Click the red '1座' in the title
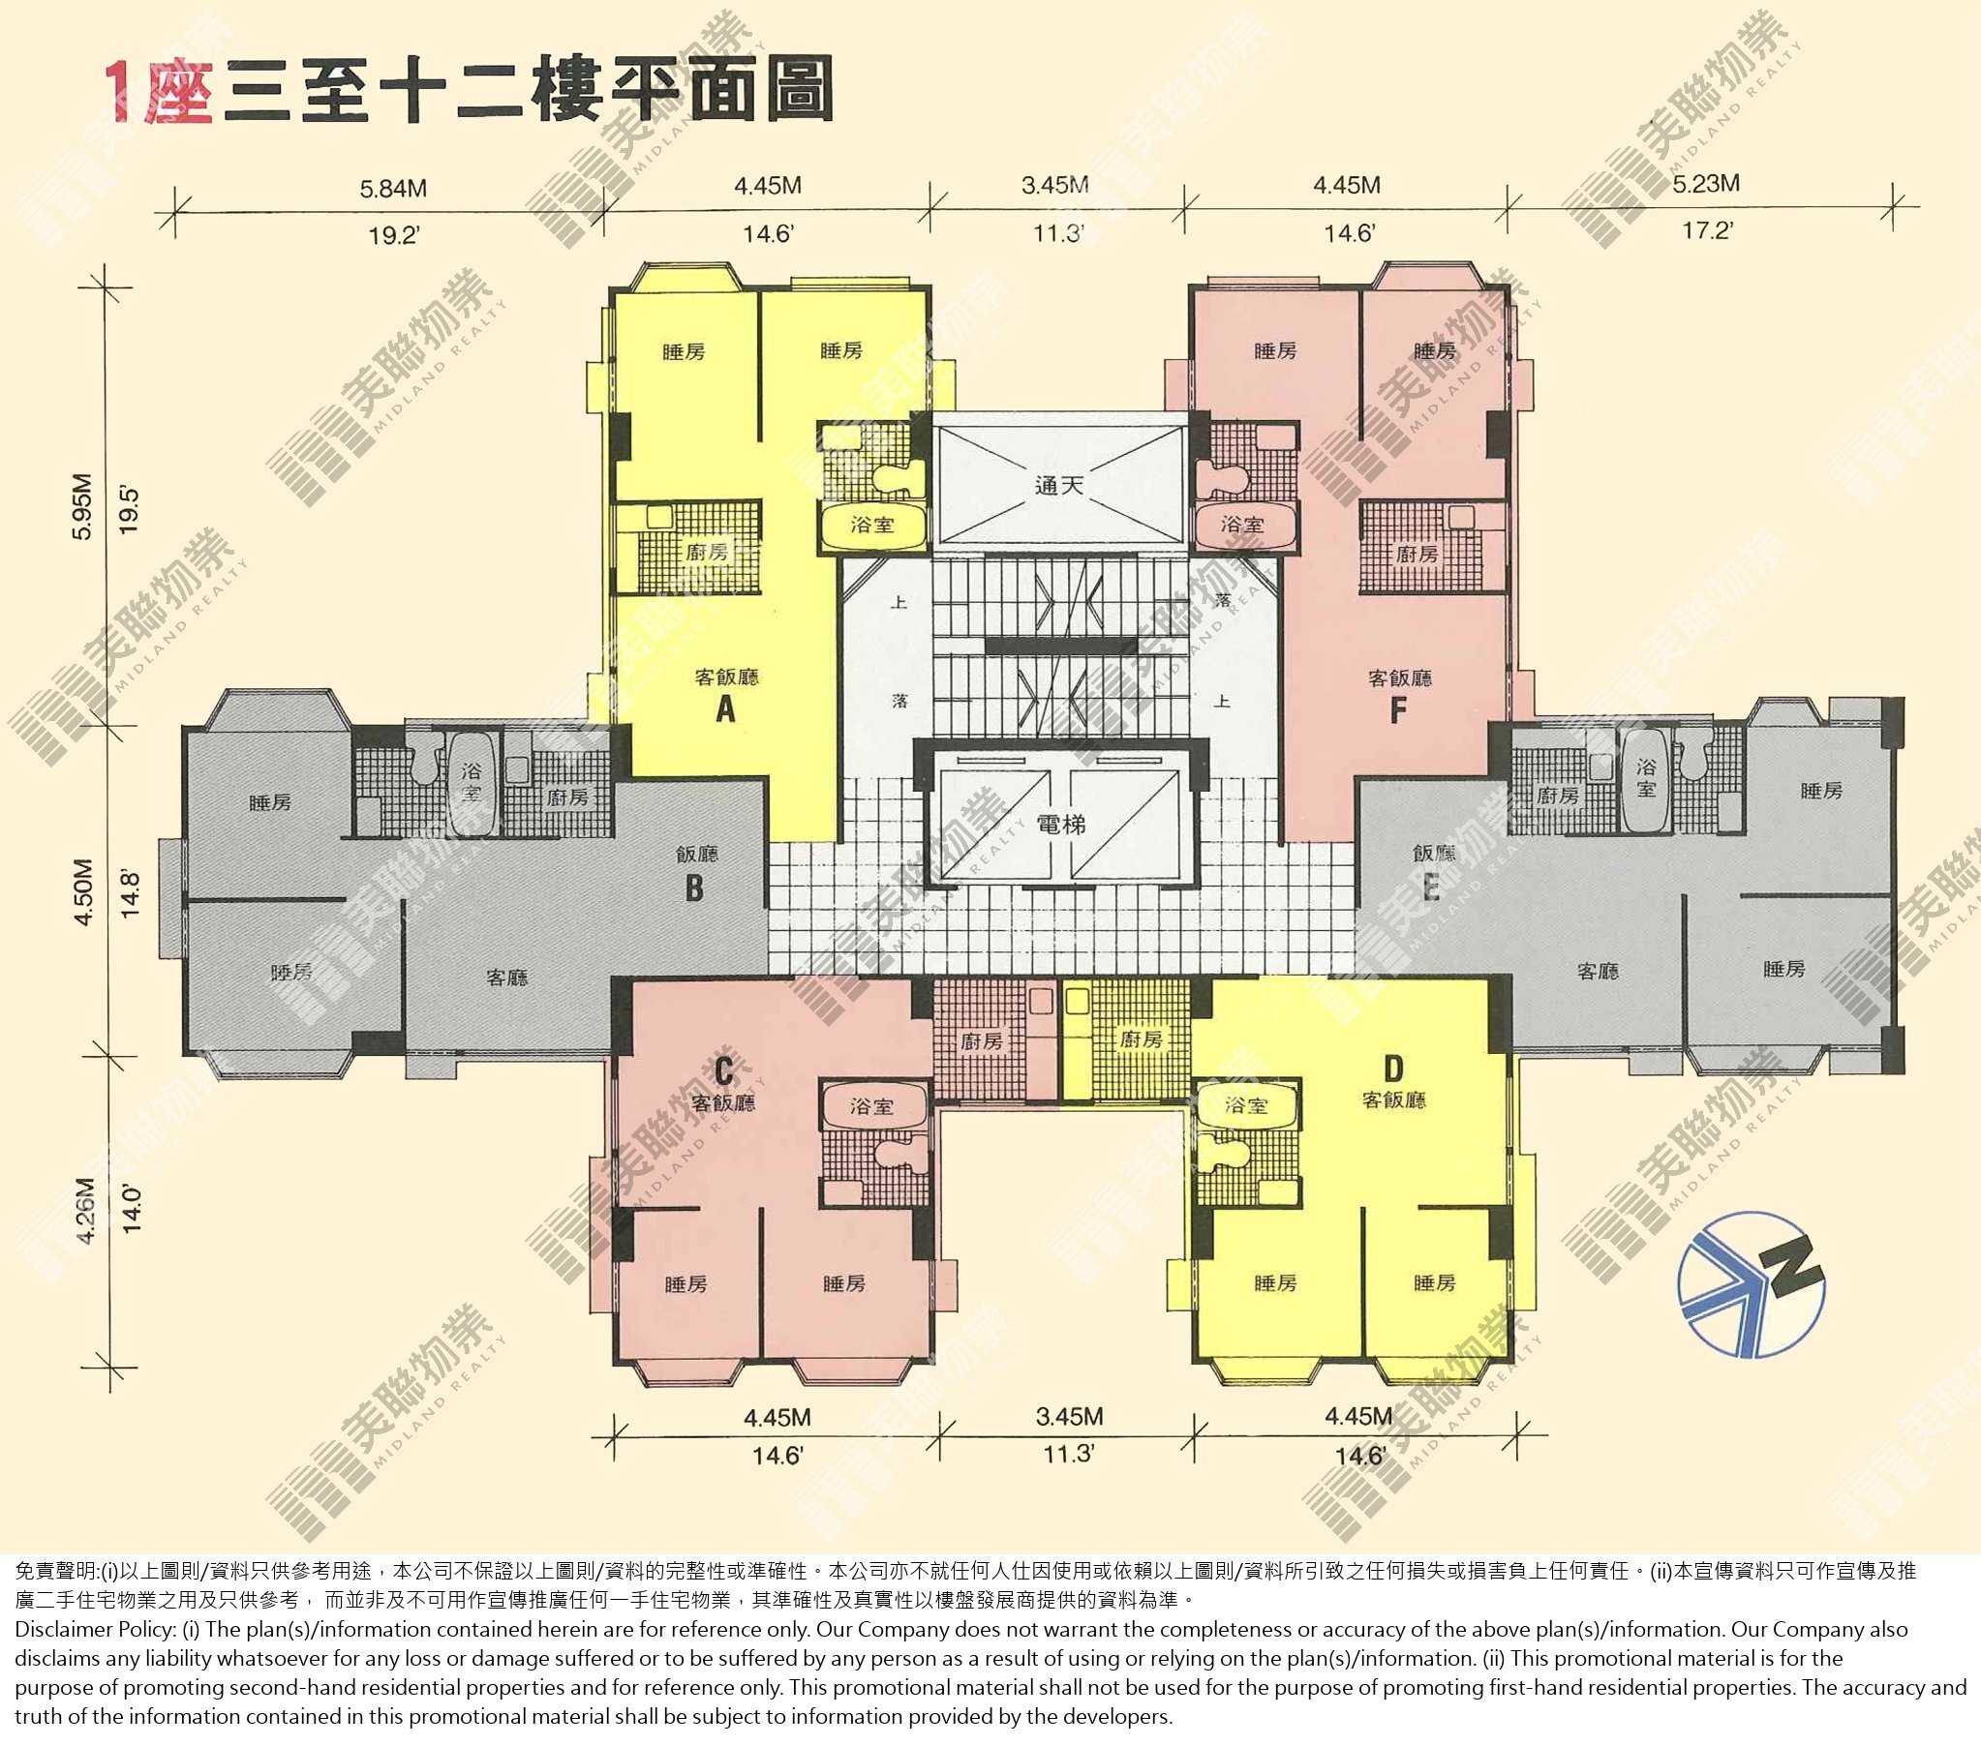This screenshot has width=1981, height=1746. (x=161, y=93)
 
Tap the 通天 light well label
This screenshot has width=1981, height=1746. (x=1058, y=485)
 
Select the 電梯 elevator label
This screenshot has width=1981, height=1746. (x=1060, y=825)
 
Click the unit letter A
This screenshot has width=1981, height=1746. (x=725, y=710)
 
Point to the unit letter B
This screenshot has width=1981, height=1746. (x=694, y=888)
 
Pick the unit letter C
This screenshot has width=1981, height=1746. (x=724, y=1070)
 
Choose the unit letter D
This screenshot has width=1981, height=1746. (x=1392, y=1069)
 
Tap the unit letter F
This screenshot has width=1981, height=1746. (x=1396, y=710)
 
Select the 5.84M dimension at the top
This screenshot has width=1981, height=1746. (x=392, y=188)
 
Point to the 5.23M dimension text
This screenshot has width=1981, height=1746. (x=1706, y=183)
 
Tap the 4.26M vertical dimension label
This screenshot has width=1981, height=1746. (x=84, y=1210)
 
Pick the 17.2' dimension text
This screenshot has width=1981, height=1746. (x=1707, y=230)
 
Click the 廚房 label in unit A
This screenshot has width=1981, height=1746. (x=706, y=553)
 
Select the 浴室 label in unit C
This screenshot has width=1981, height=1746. (x=871, y=1105)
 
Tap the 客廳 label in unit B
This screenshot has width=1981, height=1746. (x=507, y=978)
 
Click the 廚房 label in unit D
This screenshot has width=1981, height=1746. (x=1140, y=1039)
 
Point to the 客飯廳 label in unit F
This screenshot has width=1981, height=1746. (x=1399, y=677)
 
